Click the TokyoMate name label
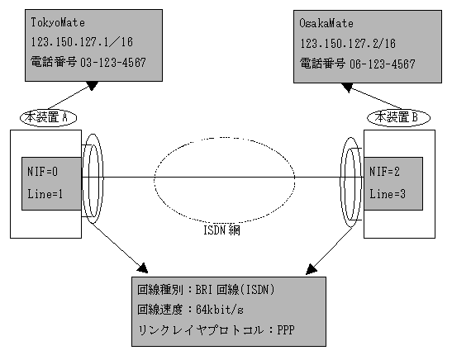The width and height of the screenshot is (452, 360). (58, 22)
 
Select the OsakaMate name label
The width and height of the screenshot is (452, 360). (326, 23)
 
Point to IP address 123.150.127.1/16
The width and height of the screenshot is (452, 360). (82, 42)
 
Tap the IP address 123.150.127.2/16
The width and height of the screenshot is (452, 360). (348, 44)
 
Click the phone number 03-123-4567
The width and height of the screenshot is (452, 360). (113, 62)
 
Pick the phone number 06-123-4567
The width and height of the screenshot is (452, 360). (383, 64)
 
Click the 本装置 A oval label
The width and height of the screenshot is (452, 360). (48, 117)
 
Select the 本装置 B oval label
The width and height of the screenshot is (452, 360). (398, 117)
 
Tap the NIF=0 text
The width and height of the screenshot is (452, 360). (42, 172)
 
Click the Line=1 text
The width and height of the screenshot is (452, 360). (45, 194)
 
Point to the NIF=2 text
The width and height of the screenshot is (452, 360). (384, 172)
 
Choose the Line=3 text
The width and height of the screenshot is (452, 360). (388, 194)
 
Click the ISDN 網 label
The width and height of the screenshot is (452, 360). (221, 230)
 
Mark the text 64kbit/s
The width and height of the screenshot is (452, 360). (220, 310)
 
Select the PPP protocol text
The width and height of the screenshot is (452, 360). (286, 329)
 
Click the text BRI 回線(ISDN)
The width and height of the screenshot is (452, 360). (236, 290)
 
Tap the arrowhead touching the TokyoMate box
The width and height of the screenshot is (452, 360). (93, 86)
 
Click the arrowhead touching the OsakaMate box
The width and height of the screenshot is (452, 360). (347, 88)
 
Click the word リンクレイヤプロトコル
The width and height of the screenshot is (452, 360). (201, 330)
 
